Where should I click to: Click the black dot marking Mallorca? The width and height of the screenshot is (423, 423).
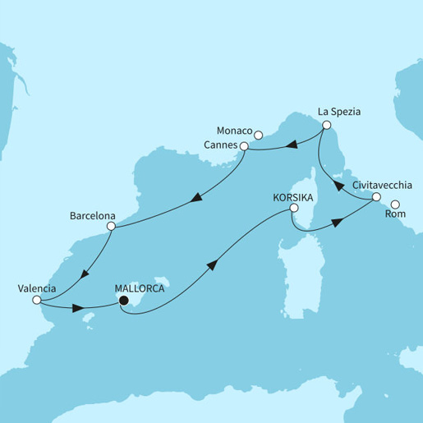click(x=123, y=301)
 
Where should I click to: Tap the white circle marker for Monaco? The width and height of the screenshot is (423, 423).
click(x=257, y=135)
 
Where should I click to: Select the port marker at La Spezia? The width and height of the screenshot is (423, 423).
click(x=326, y=126)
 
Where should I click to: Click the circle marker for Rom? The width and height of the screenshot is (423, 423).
click(x=395, y=205)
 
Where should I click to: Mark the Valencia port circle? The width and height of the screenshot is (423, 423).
click(x=36, y=301)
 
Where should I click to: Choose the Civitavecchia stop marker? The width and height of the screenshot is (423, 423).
click(x=375, y=197)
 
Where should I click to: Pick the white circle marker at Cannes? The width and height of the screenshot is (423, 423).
click(x=243, y=147)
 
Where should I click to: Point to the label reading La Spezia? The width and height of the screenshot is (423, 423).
click(x=338, y=111)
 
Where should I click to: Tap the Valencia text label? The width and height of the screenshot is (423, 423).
click(x=36, y=288)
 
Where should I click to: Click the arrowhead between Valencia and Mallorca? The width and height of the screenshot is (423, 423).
click(x=80, y=310)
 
